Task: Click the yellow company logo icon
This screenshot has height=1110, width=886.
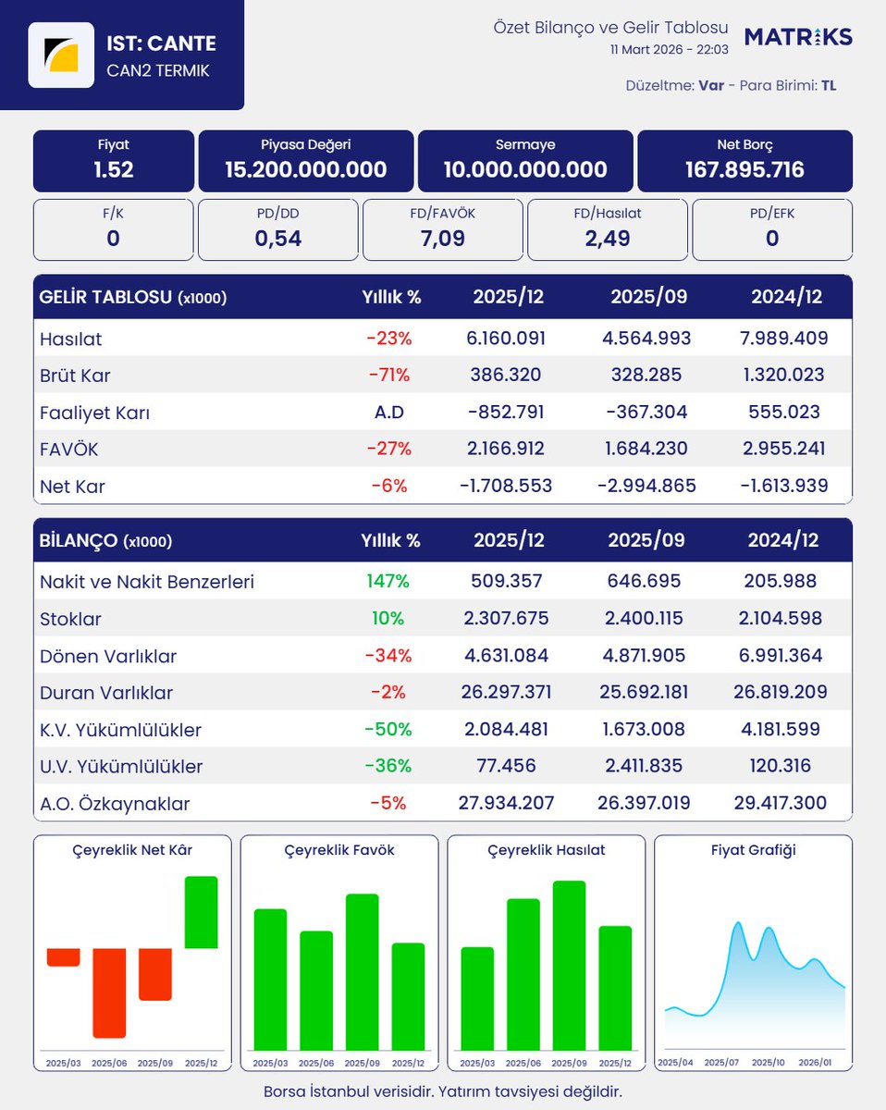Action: (x=61, y=55)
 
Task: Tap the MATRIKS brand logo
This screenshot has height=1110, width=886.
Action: (x=798, y=37)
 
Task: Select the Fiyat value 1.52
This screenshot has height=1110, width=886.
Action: (x=114, y=169)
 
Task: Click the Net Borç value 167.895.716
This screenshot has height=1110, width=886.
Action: (x=744, y=169)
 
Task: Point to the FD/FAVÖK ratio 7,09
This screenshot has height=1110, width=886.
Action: (x=442, y=239)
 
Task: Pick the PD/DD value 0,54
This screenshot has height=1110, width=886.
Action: (x=278, y=239)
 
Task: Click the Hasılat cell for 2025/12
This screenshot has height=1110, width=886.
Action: (x=505, y=339)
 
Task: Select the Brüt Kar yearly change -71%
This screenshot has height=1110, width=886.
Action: (x=389, y=375)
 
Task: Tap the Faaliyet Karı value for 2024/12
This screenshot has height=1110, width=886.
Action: (x=784, y=413)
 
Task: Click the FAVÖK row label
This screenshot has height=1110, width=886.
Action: (x=68, y=450)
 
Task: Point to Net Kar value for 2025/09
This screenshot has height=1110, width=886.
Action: (x=646, y=486)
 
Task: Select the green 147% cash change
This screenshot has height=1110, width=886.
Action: (x=388, y=581)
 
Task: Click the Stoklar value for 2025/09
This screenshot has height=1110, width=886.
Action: (x=644, y=618)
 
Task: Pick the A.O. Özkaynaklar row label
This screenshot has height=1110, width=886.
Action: (x=115, y=804)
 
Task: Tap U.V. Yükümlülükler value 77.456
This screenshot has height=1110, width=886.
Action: (x=506, y=766)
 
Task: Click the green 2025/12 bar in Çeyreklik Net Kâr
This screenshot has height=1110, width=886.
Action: (x=201, y=912)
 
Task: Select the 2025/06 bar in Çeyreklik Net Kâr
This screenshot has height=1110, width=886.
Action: (x=109, y=993)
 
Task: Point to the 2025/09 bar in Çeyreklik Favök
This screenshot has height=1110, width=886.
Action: (x=362, y=972)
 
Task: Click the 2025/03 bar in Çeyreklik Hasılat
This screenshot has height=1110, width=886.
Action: (x=477, y=999)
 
